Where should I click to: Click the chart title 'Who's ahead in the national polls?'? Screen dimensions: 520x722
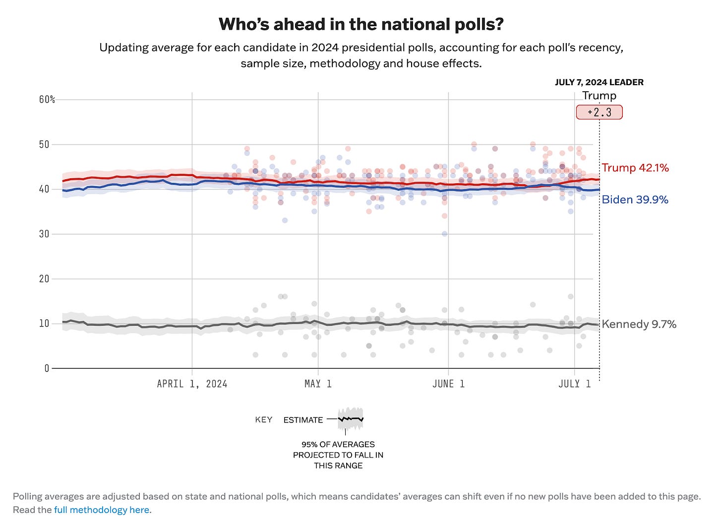pyautogui.click(x=361, y=24)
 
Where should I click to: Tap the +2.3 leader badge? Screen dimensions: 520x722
pyautogui.click(x=599, y=112)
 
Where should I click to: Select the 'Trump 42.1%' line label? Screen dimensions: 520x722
pyautogui.click(x=635, y=168)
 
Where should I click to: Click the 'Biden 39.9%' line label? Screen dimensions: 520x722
pyautogui.click(x=635, y=200)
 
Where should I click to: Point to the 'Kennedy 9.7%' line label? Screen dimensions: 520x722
pyautogui.click(x=639, y=324)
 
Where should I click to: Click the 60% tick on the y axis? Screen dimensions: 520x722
pyautogui.click(x=47, y=100)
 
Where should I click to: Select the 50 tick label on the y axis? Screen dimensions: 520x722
pyautogui.click(x=44, y=145)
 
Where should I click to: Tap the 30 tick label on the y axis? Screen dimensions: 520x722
pyautogui.click(x=44, y=234)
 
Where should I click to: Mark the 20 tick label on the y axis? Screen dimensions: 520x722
pyautogui.click(x=44, y=279)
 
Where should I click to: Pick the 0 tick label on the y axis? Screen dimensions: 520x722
pyautogui.click(x=47, y=368)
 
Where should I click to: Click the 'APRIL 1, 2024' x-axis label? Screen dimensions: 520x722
pyautogui.click(x=192, y=384)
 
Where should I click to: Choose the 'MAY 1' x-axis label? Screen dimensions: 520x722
pyautogui.click(x=318, y=384)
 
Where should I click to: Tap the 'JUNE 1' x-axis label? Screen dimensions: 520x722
pyautogui.click(x=448, y=384)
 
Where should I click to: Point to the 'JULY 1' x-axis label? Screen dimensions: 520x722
pyautogui.click(x=575, y=384)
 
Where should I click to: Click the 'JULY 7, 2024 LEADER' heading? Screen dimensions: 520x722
pyautogui.click(x=599, y=82)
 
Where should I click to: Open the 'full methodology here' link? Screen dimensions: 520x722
pyautogui.click(x=102, y=510)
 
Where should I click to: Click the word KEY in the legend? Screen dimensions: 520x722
pyautogui.click(x=264, y=420)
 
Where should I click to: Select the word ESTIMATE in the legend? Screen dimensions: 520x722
pyautogui.click(x=303, y=420)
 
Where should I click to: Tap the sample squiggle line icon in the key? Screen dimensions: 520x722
pyautogui.click(x=351, y=419)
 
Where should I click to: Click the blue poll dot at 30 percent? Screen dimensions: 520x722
pyautogui.click(x=444, y=234)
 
